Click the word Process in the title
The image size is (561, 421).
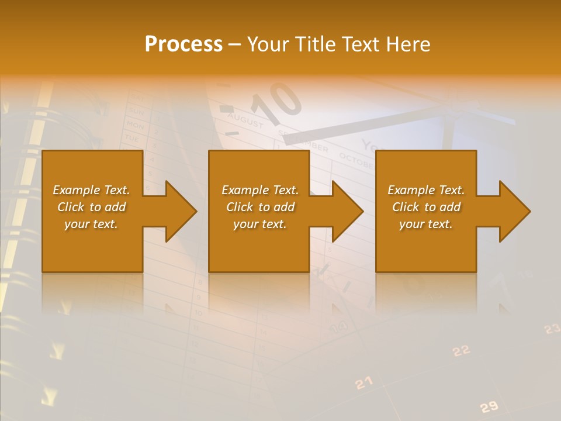pos(183,44)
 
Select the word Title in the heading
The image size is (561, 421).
pos(317,44)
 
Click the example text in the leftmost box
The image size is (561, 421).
pos(91,207)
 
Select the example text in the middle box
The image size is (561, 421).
pos(260,207)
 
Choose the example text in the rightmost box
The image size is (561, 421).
pos(426,207)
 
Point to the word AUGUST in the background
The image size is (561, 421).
pos(245,120)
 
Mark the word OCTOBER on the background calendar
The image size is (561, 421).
pos(356,161)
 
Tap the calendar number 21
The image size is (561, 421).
pos(363,383)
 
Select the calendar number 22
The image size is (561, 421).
pos(461,350)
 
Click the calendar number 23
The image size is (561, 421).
pos(552,329)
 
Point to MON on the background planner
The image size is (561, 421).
pos(136,125)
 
